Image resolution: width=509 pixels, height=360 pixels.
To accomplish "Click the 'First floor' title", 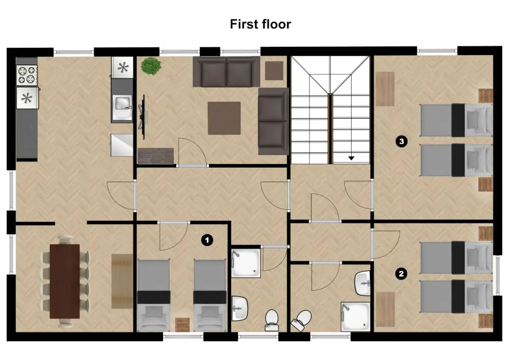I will (x=260, y=24).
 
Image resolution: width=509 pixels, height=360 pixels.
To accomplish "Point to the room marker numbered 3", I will (x=402, y=142).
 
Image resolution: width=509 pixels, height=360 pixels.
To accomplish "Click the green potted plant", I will (x=150, y=66).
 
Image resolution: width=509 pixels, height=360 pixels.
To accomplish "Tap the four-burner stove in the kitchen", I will (x=27, y=75).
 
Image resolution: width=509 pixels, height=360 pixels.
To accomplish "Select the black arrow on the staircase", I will (x=351, y=158).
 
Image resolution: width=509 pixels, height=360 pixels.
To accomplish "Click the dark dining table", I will (x=65, y=281).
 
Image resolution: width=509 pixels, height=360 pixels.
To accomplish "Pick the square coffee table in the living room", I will (x=224, y=118).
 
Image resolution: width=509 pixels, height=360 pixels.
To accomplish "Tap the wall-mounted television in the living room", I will (x=143, y=116).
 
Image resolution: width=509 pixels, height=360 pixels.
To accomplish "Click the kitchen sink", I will (x=122, y=104).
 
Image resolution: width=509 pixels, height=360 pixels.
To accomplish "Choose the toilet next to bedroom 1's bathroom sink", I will (x=272, y=318).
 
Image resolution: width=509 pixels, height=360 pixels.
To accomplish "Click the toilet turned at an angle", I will (x=302, y=319).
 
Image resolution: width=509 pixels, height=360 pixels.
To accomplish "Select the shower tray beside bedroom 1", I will (x=246, y=263).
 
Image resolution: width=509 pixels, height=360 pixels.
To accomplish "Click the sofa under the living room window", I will (x=227, y=72).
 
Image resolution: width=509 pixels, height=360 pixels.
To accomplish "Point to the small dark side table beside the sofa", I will (x=274, y=70).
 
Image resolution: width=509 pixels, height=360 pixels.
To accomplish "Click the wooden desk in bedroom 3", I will (x=385, y=89).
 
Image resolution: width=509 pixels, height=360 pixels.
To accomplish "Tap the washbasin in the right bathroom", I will (x=363, y=283).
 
